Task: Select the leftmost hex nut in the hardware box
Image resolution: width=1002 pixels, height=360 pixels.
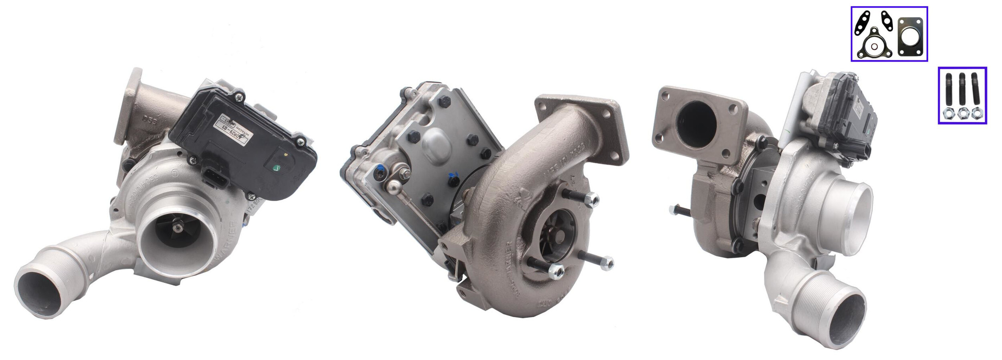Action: [x=949, y=114]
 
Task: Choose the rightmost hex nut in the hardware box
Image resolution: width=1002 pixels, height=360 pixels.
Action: [x=976, y=114]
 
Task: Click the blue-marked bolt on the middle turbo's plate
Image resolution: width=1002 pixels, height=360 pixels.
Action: [x=453, y=180]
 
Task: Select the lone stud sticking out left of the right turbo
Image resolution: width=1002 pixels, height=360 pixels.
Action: [x=680, y=210]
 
